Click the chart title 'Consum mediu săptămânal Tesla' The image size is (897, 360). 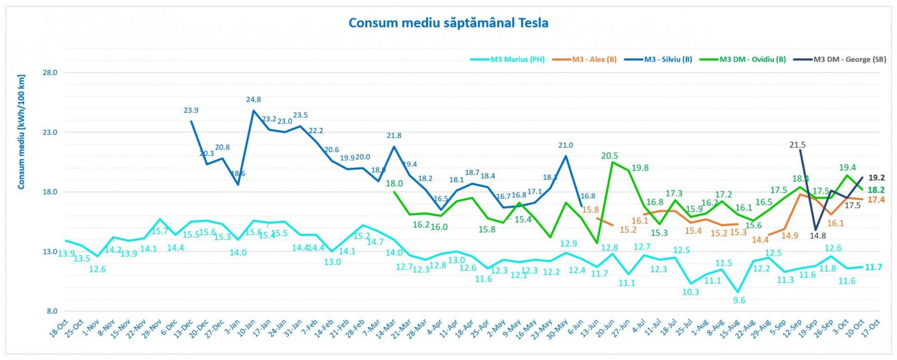tap(448, 23)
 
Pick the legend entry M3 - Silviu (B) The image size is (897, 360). tap(668, 59)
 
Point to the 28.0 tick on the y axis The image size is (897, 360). tap(50, 73)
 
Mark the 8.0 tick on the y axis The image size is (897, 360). tap(52, 311)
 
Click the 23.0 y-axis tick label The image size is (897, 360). tap(50, 132)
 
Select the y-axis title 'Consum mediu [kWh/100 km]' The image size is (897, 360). tap(21, 132)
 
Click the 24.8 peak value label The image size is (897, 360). tap(253, 100)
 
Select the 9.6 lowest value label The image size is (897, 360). tap(739, 301)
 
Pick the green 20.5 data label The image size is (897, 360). tap(609, 156)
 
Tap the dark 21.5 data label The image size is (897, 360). tap(797, 145)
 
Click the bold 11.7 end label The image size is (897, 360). tap(873, 267)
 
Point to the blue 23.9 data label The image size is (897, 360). tap(191, 110)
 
